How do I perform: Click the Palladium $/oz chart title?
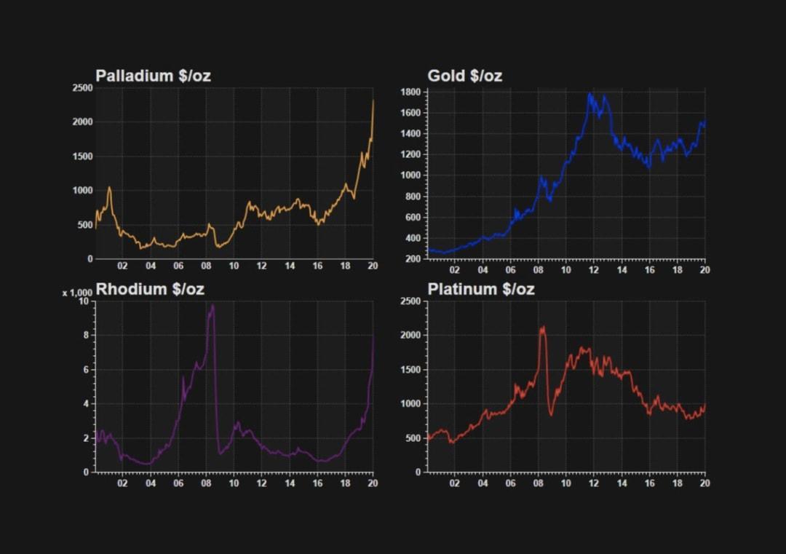pyautogui.click(x=153, y=76)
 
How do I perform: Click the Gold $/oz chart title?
pyautogui.click(x=464, y=76)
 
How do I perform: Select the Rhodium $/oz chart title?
pyautogui.click(x=150, y=289)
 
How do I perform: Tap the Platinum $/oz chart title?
pyautogui.click(x=480, y=289)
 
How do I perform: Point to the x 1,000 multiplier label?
pyautogui.click(x=77, y=293)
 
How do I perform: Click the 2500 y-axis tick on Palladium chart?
pyautogui.click(x=82, y=88)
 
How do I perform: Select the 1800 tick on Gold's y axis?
pyautogui.click(x=410, y=92)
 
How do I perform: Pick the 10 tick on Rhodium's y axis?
pyautogui.click(x=84, y=301)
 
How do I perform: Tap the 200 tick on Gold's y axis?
pyautogui.click(x=413, y=259)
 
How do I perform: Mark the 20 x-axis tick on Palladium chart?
pyautogui.click(x=373, y=266)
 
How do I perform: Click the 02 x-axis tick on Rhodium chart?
pyautogui.click(x=122, y=483)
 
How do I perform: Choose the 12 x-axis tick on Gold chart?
pyautogui.click(x=594, y=270)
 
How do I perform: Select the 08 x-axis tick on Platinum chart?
pyautogui.click(x=539, y=483)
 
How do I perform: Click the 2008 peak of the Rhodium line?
pyautogui.click(x=213, y=306)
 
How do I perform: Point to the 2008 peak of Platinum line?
pyautogui.click(x=543, y=327)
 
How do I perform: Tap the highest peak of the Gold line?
pyautogui.click(x=590, y=93)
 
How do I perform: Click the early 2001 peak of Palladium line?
pyautogui.click(x=109, y=187)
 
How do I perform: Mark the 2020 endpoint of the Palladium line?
pyautogui.click(x=373, y=100)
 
